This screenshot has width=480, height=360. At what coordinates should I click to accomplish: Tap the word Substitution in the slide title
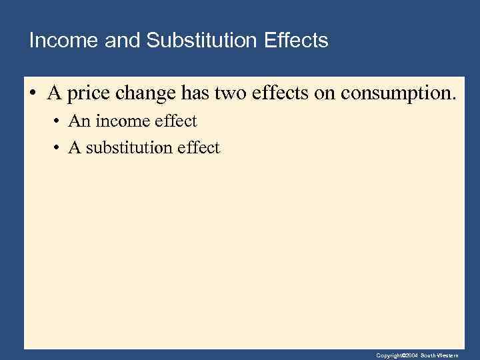tap(201, 41)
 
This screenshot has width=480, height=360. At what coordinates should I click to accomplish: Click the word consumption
tap(399, 94)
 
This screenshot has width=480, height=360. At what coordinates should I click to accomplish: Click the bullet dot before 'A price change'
tap(32, 94)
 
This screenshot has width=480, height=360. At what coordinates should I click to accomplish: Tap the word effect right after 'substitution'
tap(198, 147)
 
